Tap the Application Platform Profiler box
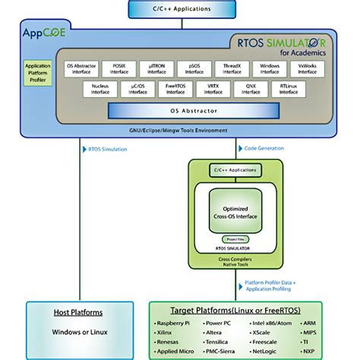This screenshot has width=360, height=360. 39,74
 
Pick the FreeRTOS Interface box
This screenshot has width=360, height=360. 175,90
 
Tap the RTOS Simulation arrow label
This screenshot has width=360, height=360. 106,149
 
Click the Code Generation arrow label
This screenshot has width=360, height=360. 264,149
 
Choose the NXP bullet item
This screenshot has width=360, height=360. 308,352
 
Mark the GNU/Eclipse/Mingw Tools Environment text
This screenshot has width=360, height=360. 180,131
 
